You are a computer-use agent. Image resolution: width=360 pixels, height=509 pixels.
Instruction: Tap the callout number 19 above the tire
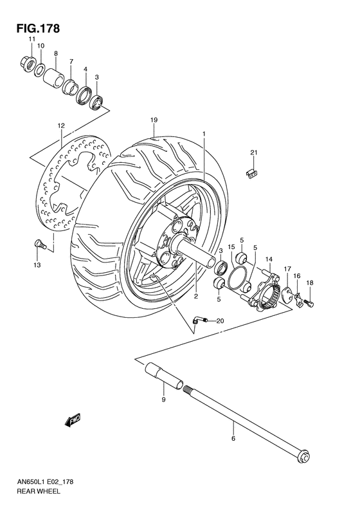(x=154, y=120)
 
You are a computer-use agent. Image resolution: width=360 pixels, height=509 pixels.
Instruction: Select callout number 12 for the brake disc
(x=60, y=125)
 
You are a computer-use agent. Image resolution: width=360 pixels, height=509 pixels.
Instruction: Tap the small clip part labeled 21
(x=253, y=172)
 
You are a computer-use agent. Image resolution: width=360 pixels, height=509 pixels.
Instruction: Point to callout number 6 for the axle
(x=233, y=438)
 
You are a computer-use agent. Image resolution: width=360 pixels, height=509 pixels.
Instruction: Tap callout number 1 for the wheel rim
(x=204, y=134)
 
